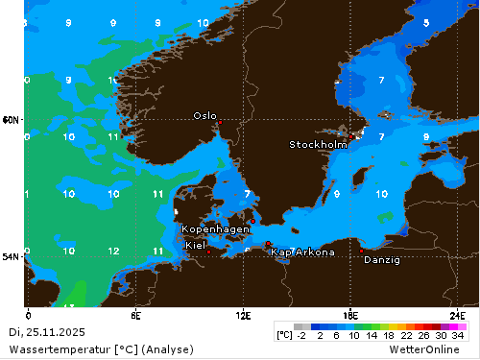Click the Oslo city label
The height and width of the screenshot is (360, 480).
[204, 115]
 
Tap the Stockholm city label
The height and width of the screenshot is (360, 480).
[318, 145]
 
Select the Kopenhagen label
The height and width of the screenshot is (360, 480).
[216, 229]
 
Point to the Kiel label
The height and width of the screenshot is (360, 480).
[195, 246]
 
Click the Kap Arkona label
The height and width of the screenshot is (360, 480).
[302, 252]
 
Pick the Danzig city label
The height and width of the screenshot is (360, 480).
[382, 259]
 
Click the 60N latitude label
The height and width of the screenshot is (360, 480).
[11, 120]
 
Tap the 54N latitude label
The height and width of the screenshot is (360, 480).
[11, 256]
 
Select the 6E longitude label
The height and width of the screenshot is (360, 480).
[136, 315]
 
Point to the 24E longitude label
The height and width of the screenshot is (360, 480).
[459, 315]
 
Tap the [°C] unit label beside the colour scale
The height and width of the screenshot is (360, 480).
[284, 335]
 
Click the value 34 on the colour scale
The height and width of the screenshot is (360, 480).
[458, 335]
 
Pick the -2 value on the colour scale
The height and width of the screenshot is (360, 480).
[300, 335]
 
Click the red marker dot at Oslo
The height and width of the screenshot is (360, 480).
[219, 123]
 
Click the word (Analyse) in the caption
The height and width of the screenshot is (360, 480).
[167, 348]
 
